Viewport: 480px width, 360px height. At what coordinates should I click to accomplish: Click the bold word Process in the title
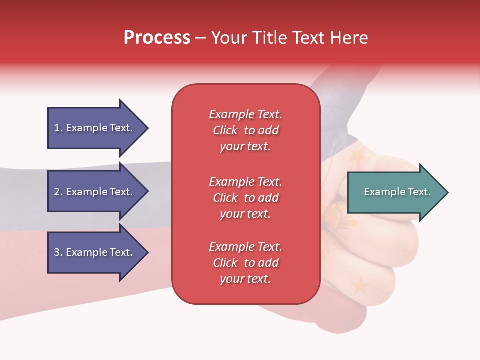coord(157,38)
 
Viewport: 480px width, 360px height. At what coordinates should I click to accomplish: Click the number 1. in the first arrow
coord(58,128)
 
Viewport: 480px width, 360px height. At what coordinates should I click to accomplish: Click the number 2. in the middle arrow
coord(58,192)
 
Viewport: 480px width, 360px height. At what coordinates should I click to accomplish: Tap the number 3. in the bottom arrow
coord(58,252)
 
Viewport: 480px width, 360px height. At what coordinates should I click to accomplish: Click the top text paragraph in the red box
coord(245,130)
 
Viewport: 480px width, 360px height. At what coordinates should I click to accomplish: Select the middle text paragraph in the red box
coord(245,198)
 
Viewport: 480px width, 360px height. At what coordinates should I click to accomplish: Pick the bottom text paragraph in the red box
coord(245,263)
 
